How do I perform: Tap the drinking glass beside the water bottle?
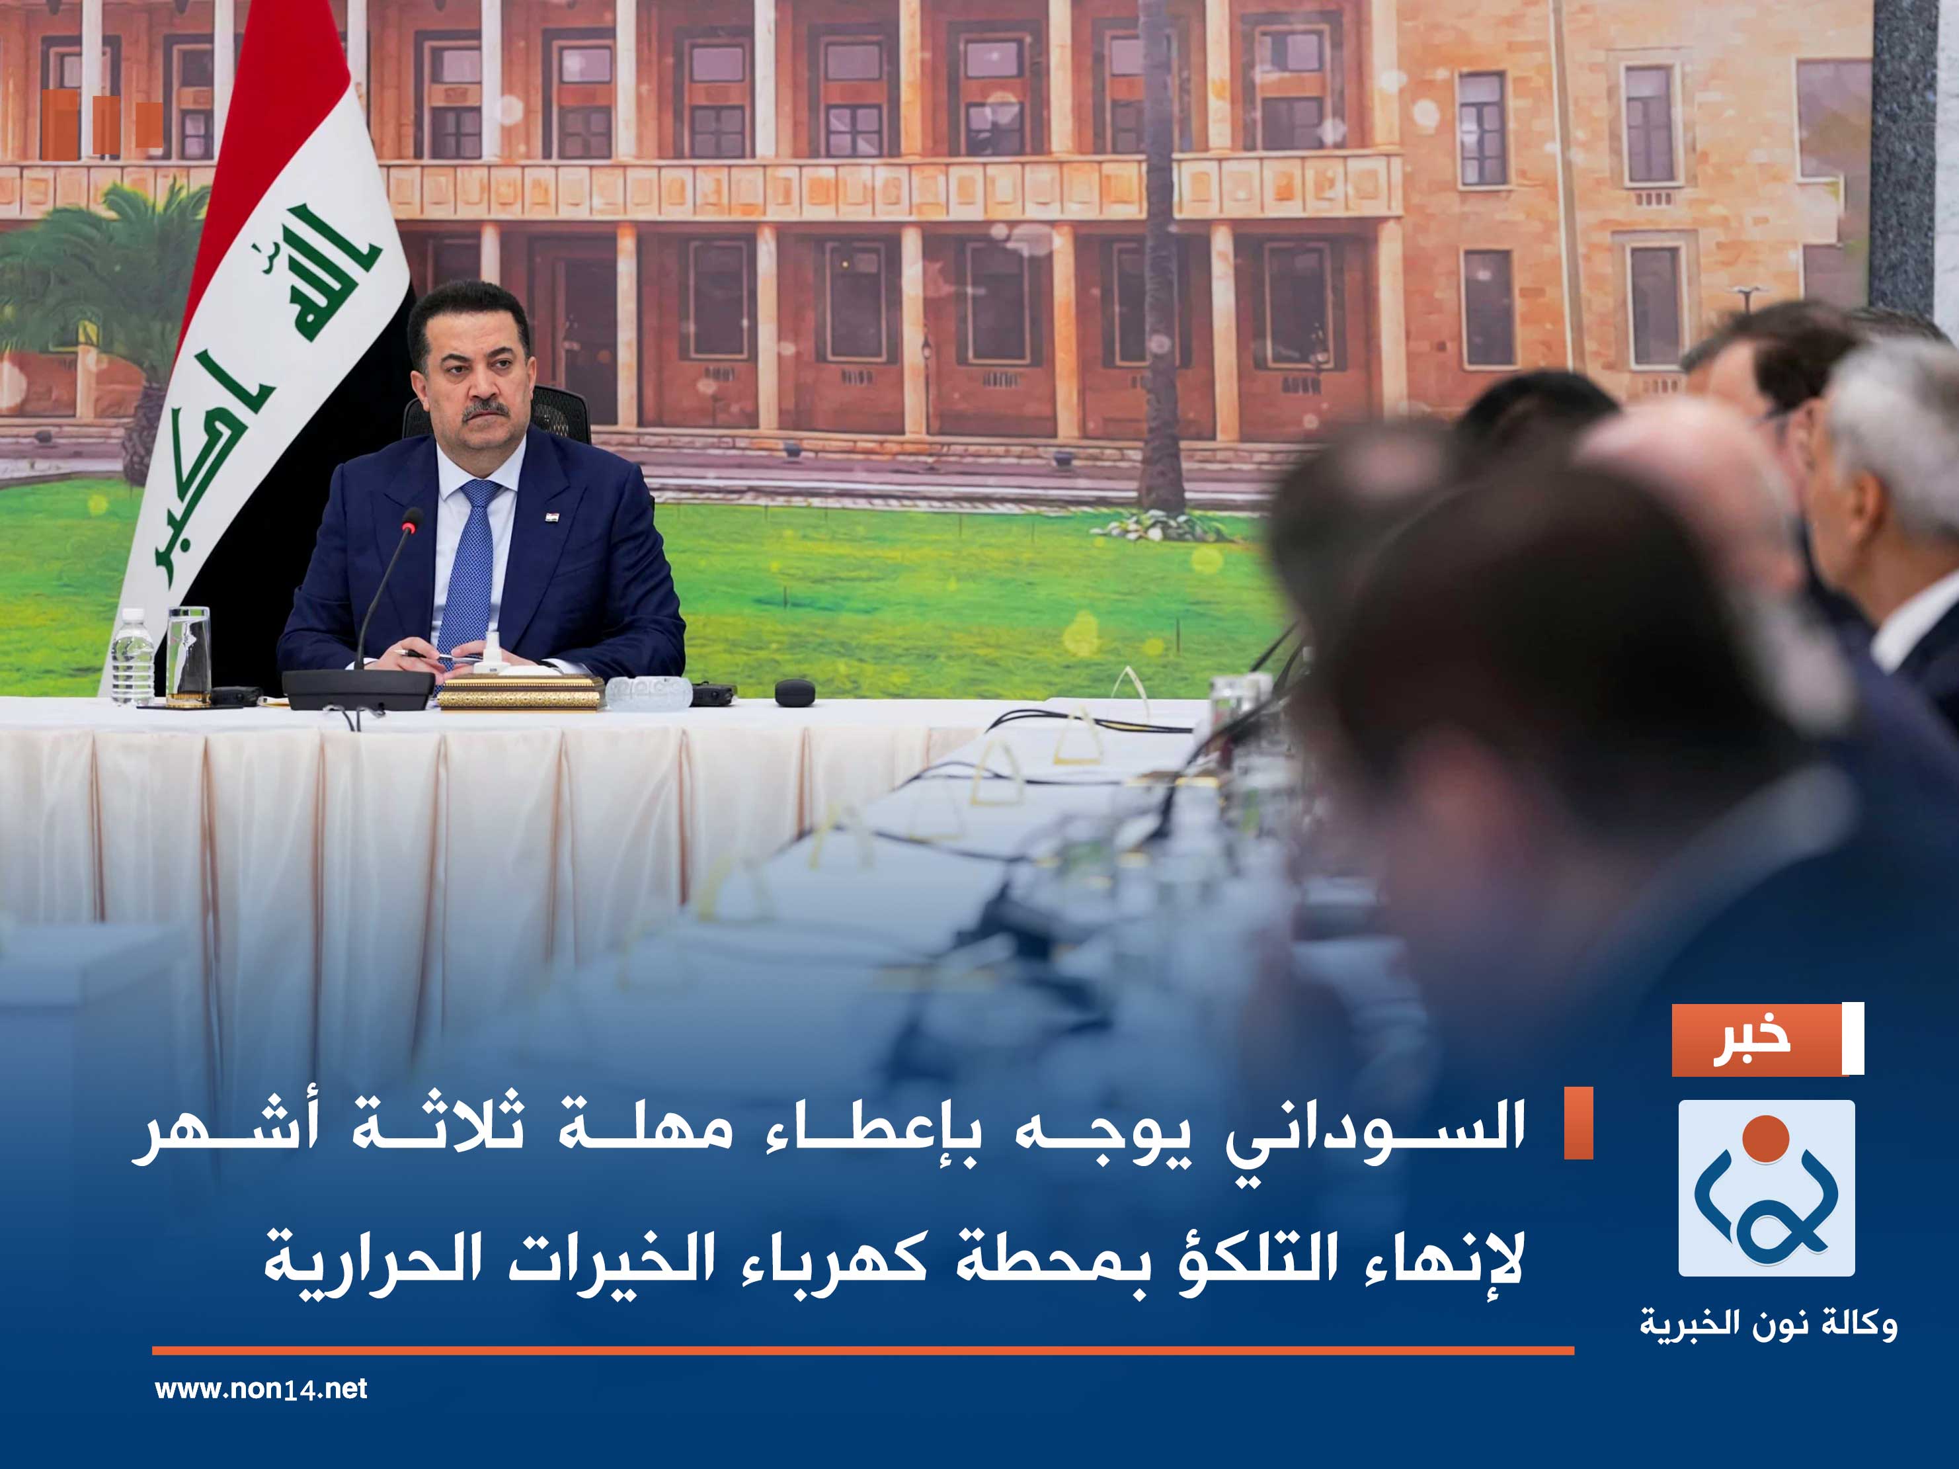point(188,655)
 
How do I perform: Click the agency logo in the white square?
point(1766,1187)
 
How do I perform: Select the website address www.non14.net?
point(260,1388)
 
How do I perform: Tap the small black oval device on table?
point(795,692)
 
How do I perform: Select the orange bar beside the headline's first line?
point(1578,1122)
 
